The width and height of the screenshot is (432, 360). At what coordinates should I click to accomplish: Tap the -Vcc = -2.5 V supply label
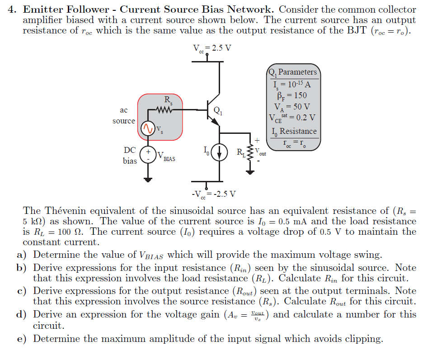pyautogui.click(x=213, y=194)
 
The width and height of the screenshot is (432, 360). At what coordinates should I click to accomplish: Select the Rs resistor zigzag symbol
pyautogui.click(x=163, y=109)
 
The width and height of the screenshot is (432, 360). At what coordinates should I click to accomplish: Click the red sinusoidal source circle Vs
pyautogui.click(x=148, y=128)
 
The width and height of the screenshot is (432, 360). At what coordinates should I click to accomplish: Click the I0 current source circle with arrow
pyautogui.click(x=220, y=152)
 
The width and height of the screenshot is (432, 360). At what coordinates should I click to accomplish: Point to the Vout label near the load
pyautogui.click(x=260, y=152)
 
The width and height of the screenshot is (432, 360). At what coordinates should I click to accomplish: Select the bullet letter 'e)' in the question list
pyautogui.click(x=22, y=339)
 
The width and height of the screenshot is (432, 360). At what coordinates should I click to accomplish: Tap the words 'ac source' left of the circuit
pyautogui.click(x=123, y=115)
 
